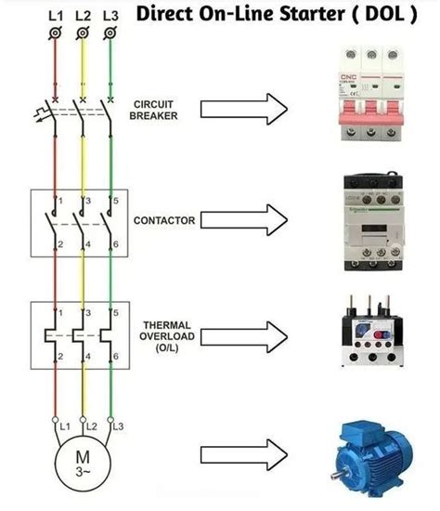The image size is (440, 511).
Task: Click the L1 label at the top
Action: [56, 17]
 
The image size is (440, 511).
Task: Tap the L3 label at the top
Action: [111, 17]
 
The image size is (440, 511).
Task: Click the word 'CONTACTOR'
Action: [163, 221]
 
